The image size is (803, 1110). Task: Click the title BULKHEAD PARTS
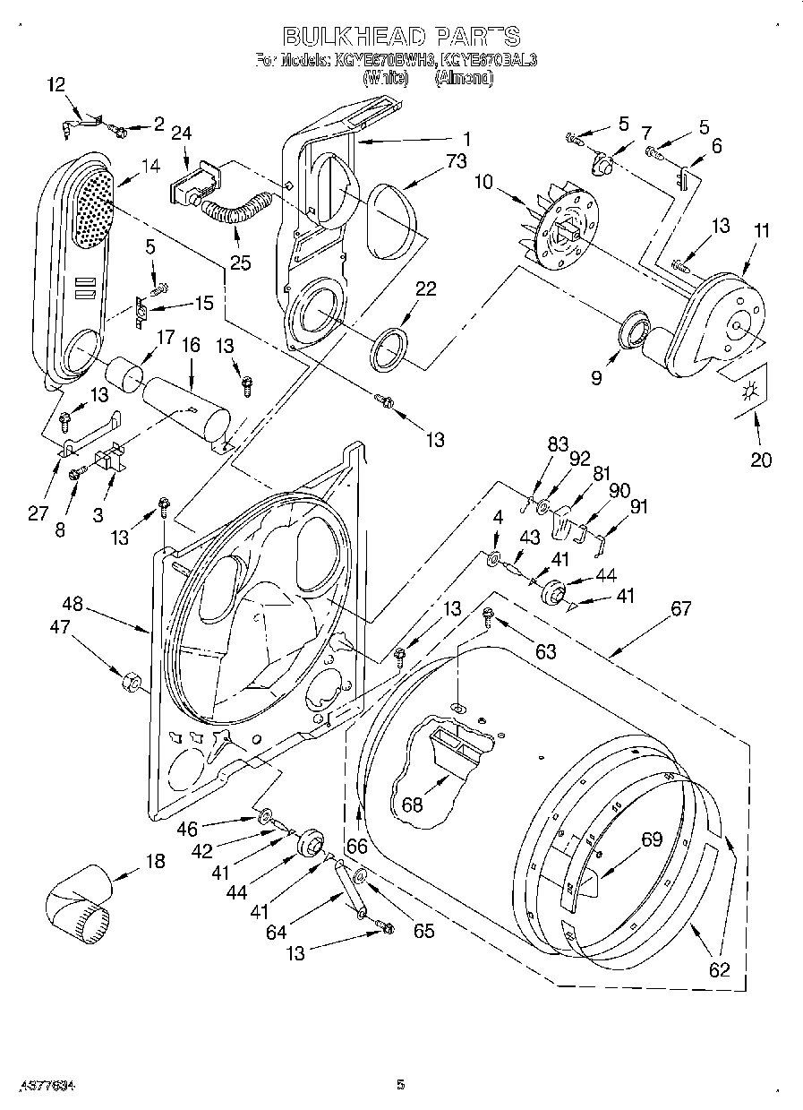[401, 37]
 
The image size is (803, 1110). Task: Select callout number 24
[182, 133]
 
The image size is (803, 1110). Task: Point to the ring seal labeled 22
[390, 348]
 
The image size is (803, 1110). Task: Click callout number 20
[760, 460]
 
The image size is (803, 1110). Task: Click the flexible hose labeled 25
[235, 214]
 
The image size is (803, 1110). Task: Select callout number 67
[680, 608]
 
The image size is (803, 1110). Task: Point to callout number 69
[651, 839]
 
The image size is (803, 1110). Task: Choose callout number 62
[718, 968]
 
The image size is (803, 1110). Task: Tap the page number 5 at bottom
[400, 1085]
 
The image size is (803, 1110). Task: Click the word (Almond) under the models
[464, 78]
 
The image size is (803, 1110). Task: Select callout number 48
[72, 604]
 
